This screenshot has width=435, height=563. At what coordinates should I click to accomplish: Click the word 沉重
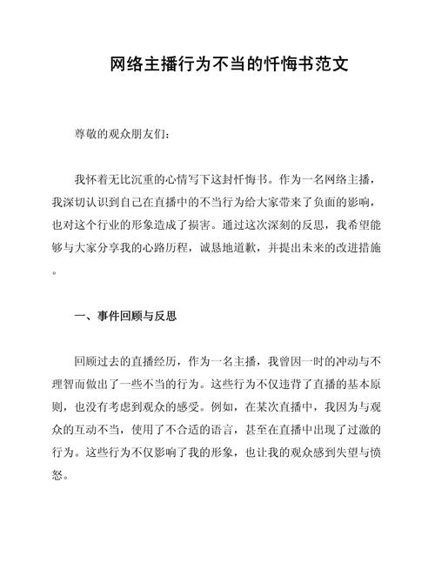point(147,180)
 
